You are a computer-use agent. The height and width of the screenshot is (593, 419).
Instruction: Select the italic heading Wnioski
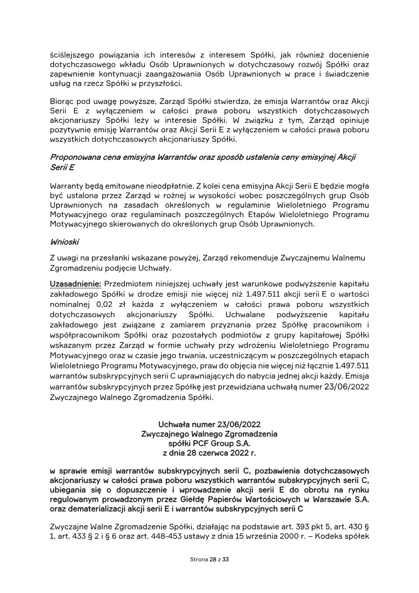pyautogui.click(x=63, y=243)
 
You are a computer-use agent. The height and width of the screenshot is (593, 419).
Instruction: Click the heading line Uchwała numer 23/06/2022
pyautogui.click(x=210, y=424)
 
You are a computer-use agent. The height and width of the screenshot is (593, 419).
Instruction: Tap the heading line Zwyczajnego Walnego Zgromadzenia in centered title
pyautogui.click(x=210, y=434)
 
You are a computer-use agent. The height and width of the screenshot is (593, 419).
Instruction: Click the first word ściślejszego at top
pyautogui.click(x=73, y=54)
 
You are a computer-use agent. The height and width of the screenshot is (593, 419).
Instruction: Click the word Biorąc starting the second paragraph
pyautogui.click(x=61, y=101)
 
